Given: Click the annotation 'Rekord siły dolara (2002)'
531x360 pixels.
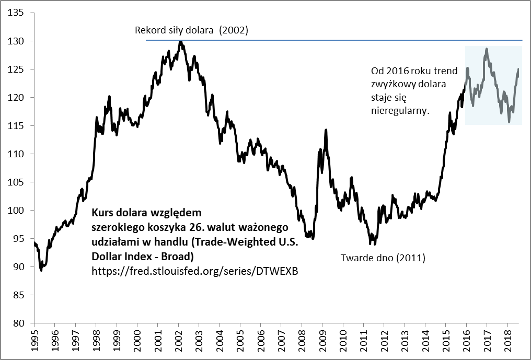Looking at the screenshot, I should pos(191,30).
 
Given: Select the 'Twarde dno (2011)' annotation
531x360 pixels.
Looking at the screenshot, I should pos(383,258).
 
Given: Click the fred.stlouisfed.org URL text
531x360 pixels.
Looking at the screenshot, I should pos(194,271).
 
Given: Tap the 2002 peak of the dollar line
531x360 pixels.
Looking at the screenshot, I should pos(180,42).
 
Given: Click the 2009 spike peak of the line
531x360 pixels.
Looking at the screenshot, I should pos(326,130).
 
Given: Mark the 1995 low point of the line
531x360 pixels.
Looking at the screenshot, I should pos(41,270).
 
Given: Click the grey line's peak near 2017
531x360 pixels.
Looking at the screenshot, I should pos(487,49).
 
